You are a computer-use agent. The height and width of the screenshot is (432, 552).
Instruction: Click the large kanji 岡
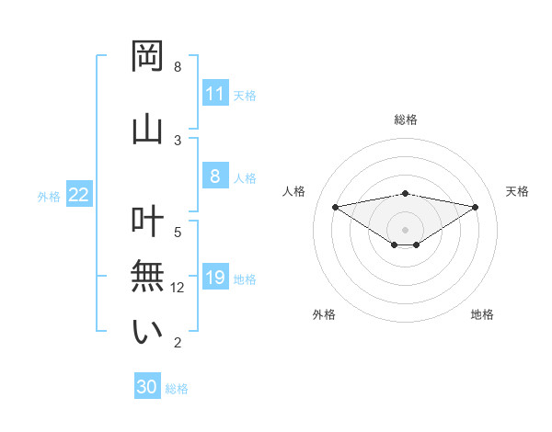click(x=147, y=57)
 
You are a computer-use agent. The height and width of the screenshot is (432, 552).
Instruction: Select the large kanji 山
click(x=147, y=128)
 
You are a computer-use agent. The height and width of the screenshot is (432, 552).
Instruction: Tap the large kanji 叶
click(x=147, y=222)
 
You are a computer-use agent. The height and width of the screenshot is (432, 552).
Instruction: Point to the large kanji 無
click(x=147, y=277)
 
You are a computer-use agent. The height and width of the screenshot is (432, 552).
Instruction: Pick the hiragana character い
click(x=147, y=332)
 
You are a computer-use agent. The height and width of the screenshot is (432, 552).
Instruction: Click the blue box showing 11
click(x=214, y=94)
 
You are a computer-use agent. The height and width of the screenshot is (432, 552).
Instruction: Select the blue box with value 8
click(x=214, y=176)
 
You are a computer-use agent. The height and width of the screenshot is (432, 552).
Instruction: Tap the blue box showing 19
click(x=214, y=278)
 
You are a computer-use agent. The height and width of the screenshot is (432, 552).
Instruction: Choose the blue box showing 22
click(x=79, y=195)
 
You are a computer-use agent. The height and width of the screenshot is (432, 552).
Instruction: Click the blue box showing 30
click(x=147, y=387)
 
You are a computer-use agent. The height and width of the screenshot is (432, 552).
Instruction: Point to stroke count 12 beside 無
click(x=178, y=288)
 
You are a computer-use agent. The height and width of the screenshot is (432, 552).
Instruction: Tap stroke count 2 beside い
click(x=178, y=343)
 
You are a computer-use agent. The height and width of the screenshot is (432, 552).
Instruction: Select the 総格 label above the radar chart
click(x=406, y=119)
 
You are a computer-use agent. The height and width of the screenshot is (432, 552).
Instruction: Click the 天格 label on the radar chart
click(x=517, y=191)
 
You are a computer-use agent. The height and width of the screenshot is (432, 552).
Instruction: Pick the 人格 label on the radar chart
click(x=294, y=191)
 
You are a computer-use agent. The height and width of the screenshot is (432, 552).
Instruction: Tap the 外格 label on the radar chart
click(x=324, y=314)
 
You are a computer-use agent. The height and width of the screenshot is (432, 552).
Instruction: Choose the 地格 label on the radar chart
click(x=482, y=314)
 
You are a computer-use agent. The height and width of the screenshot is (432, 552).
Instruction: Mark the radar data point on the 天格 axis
click(x=476, y=207)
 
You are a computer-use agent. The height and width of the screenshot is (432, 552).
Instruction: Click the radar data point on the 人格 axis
click(x=335, y=207)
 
